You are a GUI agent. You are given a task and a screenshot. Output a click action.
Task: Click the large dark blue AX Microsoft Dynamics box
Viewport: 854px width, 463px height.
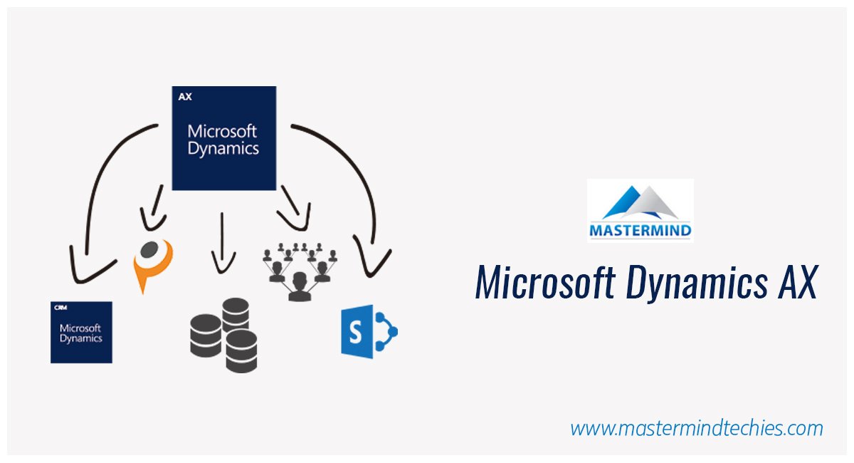click(223, 138)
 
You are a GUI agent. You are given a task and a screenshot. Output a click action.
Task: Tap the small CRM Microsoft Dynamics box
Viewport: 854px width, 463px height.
click(81, 332)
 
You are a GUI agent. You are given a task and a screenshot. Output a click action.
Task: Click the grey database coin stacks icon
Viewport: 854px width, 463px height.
click(223, 335)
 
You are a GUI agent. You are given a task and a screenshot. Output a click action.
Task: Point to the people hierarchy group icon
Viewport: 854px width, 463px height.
click(298, 271)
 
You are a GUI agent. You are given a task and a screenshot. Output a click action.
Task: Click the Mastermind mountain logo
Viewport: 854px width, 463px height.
click(640, 202)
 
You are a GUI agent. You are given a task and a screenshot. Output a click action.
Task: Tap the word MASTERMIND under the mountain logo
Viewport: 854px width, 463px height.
click(640, 231)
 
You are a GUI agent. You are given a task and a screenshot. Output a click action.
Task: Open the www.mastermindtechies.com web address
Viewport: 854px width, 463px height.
click(697, 428)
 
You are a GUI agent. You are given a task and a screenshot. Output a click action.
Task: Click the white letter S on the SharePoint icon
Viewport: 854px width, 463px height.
click(355, 331)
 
